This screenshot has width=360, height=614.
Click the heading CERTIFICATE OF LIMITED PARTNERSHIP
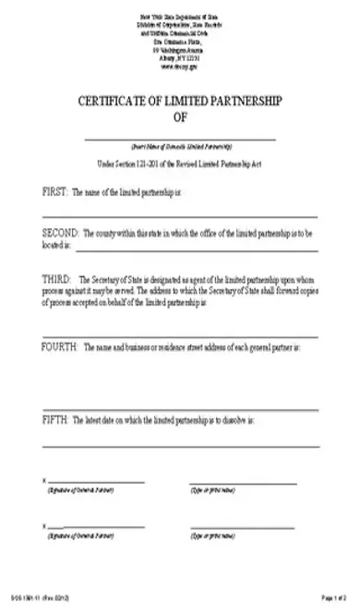pos(180,101)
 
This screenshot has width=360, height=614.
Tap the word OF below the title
pos(180,117)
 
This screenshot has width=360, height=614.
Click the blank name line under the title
pos(180,138)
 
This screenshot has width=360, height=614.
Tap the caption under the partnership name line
pos(180,147)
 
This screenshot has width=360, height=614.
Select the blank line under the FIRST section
pos(180,216)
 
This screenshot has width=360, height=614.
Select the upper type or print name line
pos(243,482)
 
